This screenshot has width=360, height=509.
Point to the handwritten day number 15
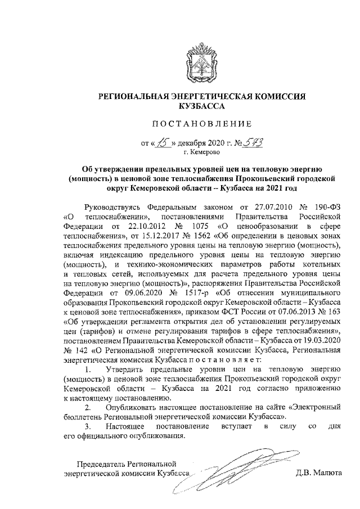(163, 142)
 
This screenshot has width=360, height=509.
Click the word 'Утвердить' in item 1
(125, 371)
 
